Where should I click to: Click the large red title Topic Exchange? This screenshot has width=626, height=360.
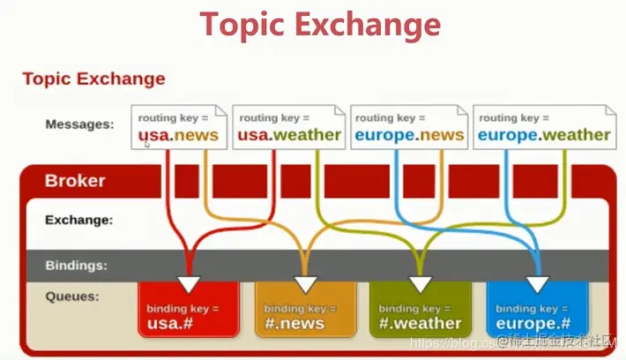tap(318, 26)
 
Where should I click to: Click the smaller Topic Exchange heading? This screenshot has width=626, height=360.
tap(93, 79)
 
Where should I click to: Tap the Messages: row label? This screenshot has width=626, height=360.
tap(79, 124)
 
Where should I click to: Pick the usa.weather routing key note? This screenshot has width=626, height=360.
tap(288, 127)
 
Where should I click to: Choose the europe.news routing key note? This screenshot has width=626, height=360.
tap(408, 127)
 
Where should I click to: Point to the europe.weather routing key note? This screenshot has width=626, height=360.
tap(543, 127)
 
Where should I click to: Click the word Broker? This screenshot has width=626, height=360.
tap(75, 181)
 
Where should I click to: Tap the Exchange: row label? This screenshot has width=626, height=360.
tap(79, 220)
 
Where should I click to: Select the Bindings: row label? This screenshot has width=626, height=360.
tap(77, 264)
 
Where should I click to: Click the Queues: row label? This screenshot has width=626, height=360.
tap(73, 296)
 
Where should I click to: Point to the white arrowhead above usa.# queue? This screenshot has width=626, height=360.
tap(188, 283)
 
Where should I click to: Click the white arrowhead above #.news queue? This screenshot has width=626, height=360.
tap(305, 284)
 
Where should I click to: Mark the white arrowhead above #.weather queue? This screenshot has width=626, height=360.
tap(421, 284)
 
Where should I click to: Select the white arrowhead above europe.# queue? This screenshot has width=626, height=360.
tap(537, 284)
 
